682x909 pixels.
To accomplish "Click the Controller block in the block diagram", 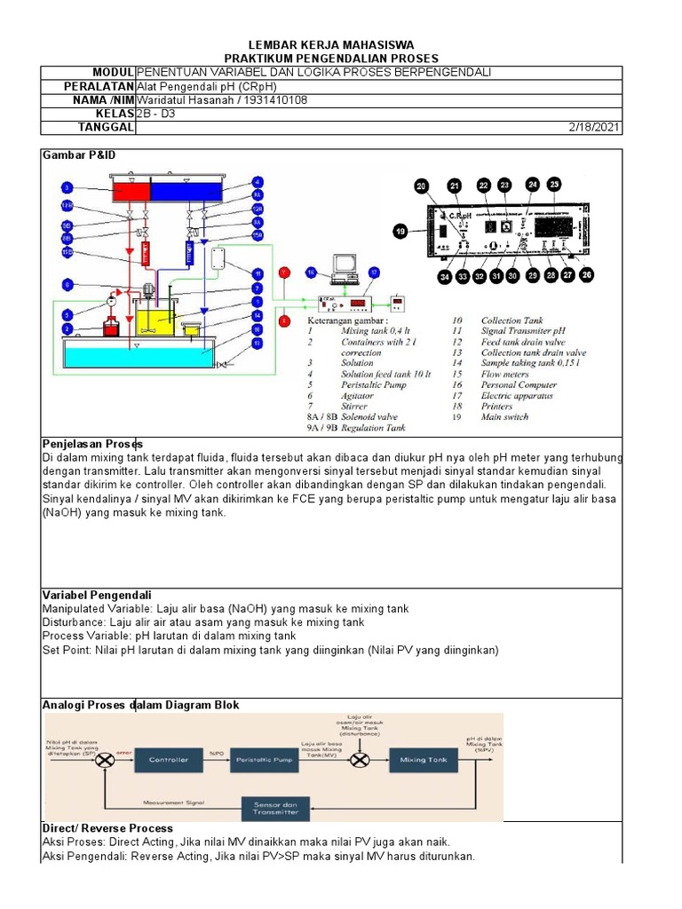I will (x=168, y=761).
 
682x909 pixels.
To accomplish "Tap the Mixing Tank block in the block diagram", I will (x=424, y=761).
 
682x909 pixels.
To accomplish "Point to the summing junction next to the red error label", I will (x=105, y=761).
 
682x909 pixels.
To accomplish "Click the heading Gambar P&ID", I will (x=79, y=155).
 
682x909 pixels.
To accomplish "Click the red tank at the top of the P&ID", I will (x=125, y=192).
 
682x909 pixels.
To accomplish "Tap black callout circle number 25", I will (x=554, y=185).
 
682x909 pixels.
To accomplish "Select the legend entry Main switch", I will (x=505, y=416).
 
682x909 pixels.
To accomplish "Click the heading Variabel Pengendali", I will (x=97, y=595).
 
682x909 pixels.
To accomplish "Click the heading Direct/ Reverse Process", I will (x=107, y=828).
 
